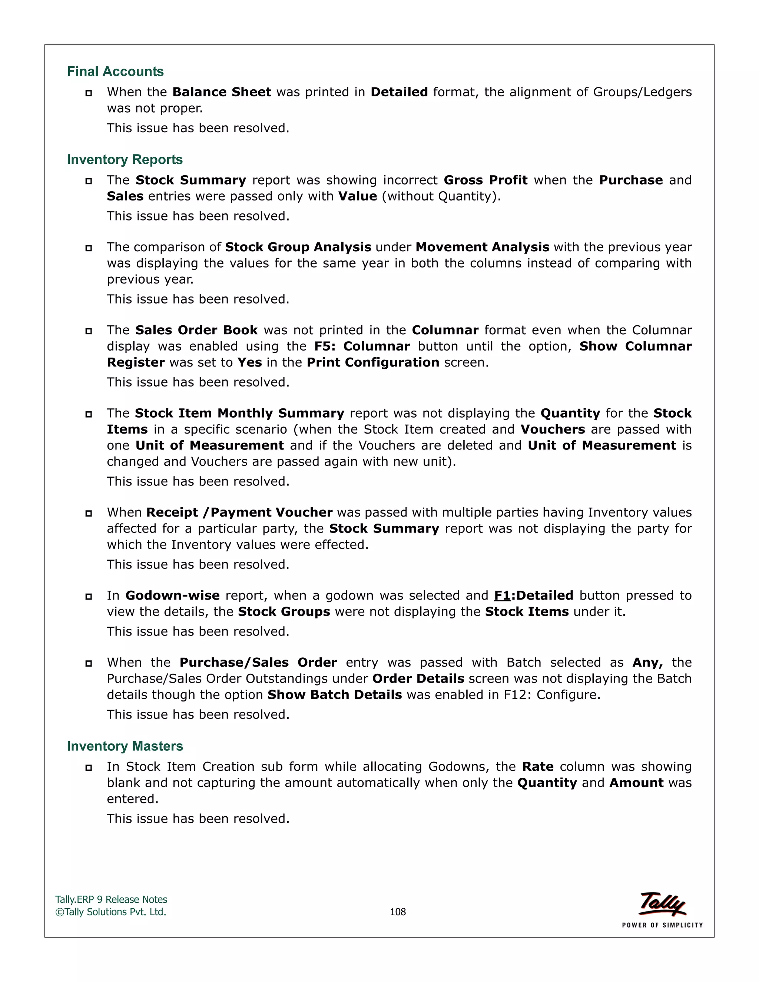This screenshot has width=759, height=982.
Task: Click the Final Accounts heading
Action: coord(115,72)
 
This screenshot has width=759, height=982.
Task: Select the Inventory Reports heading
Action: coord(125,160)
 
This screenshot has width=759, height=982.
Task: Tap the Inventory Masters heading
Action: coord(125,746)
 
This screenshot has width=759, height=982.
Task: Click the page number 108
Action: coord(398,912)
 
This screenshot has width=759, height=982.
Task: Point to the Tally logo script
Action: coord(662,903)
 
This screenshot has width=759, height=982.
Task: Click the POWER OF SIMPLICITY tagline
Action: coord(662,925)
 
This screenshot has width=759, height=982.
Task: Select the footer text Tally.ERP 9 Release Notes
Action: coord(111,899)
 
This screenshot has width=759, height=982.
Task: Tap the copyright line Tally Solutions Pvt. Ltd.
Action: coord(111,912)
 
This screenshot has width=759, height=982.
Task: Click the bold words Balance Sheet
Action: coord(222,92)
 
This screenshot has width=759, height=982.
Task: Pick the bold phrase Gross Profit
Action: coord(485,180)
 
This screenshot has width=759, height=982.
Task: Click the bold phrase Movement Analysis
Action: coord(482,247)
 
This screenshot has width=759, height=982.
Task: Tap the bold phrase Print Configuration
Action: coord(373,362)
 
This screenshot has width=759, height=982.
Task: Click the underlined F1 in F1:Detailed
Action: coord(502,596)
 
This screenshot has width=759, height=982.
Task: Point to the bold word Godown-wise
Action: coord(172,596)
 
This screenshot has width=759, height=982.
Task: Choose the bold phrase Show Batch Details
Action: coord(335,695)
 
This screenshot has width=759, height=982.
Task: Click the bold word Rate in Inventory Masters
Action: coord(538,767)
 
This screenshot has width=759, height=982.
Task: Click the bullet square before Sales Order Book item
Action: coord(89,331)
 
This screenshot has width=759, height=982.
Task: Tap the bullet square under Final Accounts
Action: coord(89,93)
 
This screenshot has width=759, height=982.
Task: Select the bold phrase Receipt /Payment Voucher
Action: coord(239,512)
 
